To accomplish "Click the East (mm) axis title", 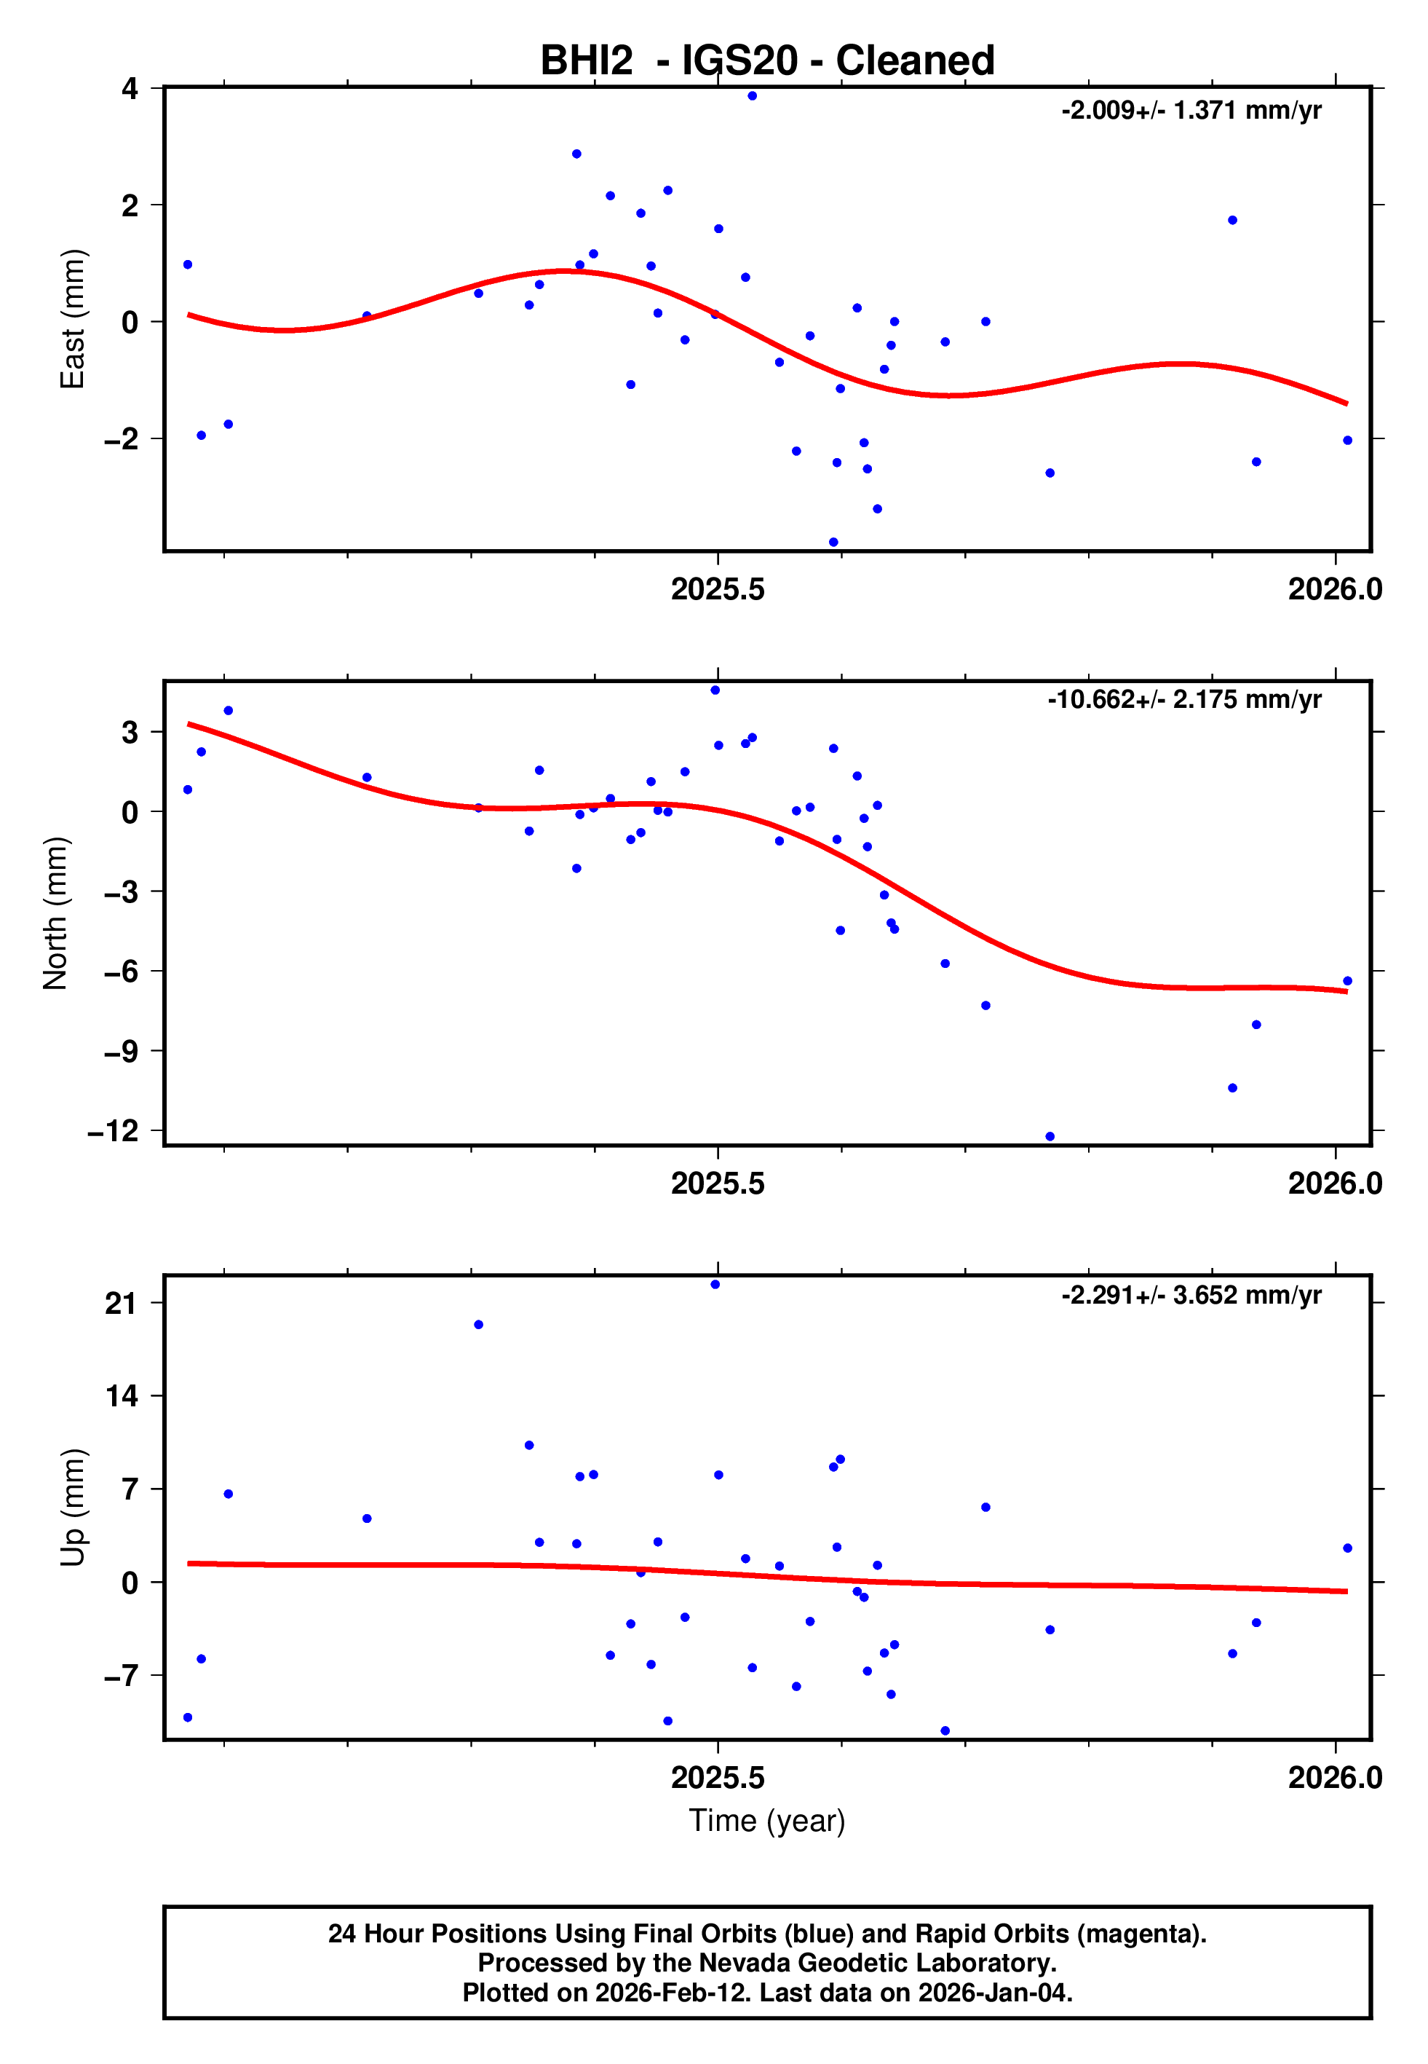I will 71,320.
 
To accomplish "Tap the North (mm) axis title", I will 55,913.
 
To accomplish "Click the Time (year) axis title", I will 767,1821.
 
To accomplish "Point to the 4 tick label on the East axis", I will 130,89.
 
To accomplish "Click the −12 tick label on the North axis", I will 114,1130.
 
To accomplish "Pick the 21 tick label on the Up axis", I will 121,1303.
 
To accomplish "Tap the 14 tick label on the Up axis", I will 121,1395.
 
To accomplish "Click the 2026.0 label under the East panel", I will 1335,589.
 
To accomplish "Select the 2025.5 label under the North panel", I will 718,1183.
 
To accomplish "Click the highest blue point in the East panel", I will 753,95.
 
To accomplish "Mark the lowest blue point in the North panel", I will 1050,1137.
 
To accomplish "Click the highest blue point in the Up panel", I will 715,1285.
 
